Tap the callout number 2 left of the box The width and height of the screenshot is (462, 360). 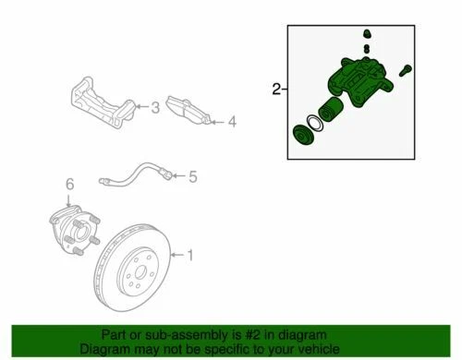pyautogui.click(x=276, y=90)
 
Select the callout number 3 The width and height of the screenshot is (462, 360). pyautogui.click(x=155, y=109)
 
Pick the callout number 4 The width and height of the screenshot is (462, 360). pyautogui.click(x=232, y=121)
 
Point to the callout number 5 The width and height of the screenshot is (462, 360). pyautogui.click(x=193, y=174)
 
